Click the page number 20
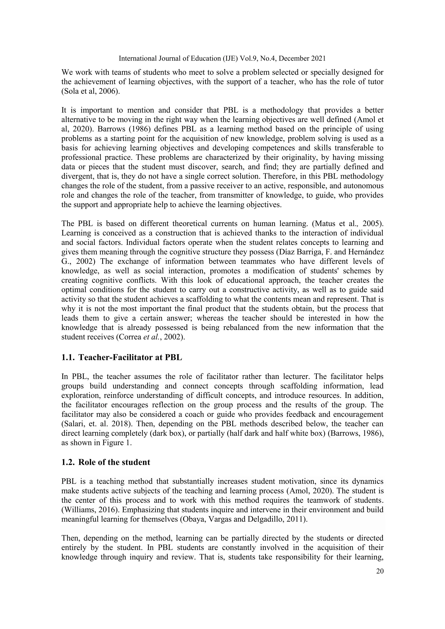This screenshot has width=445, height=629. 380,571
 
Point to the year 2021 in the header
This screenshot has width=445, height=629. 318,58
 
